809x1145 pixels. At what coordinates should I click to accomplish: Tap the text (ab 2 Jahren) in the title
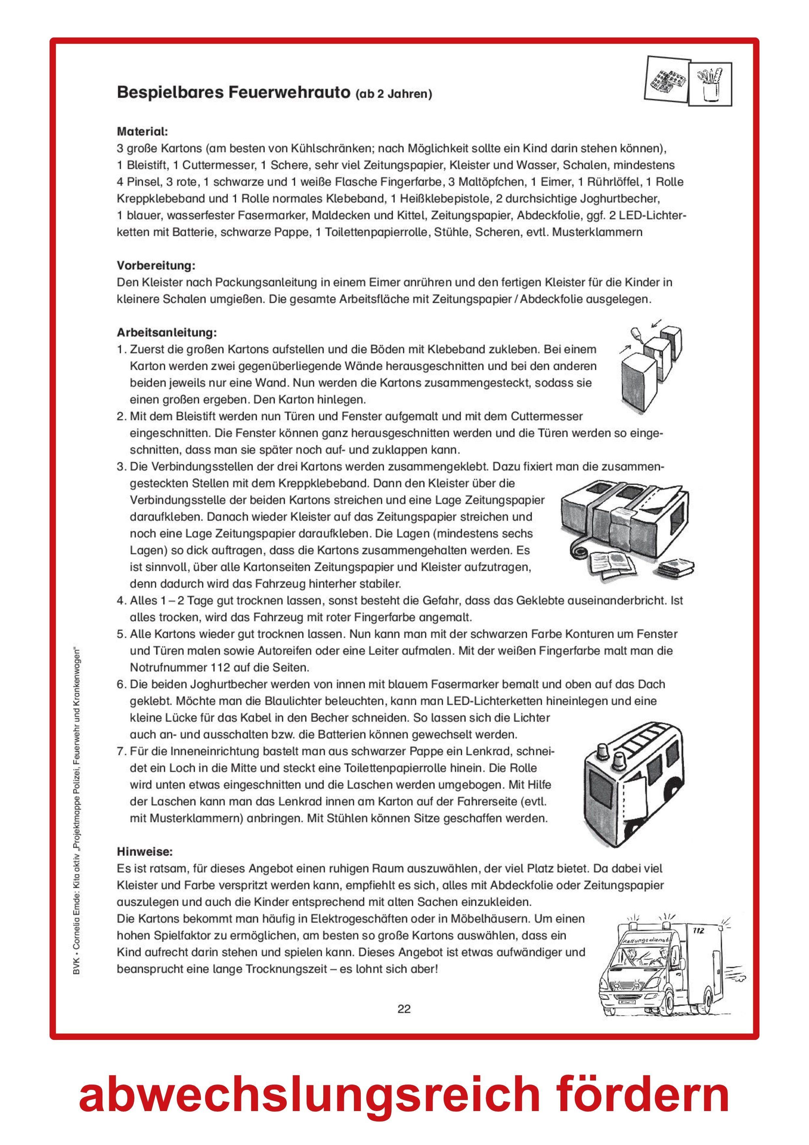(393, 94)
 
